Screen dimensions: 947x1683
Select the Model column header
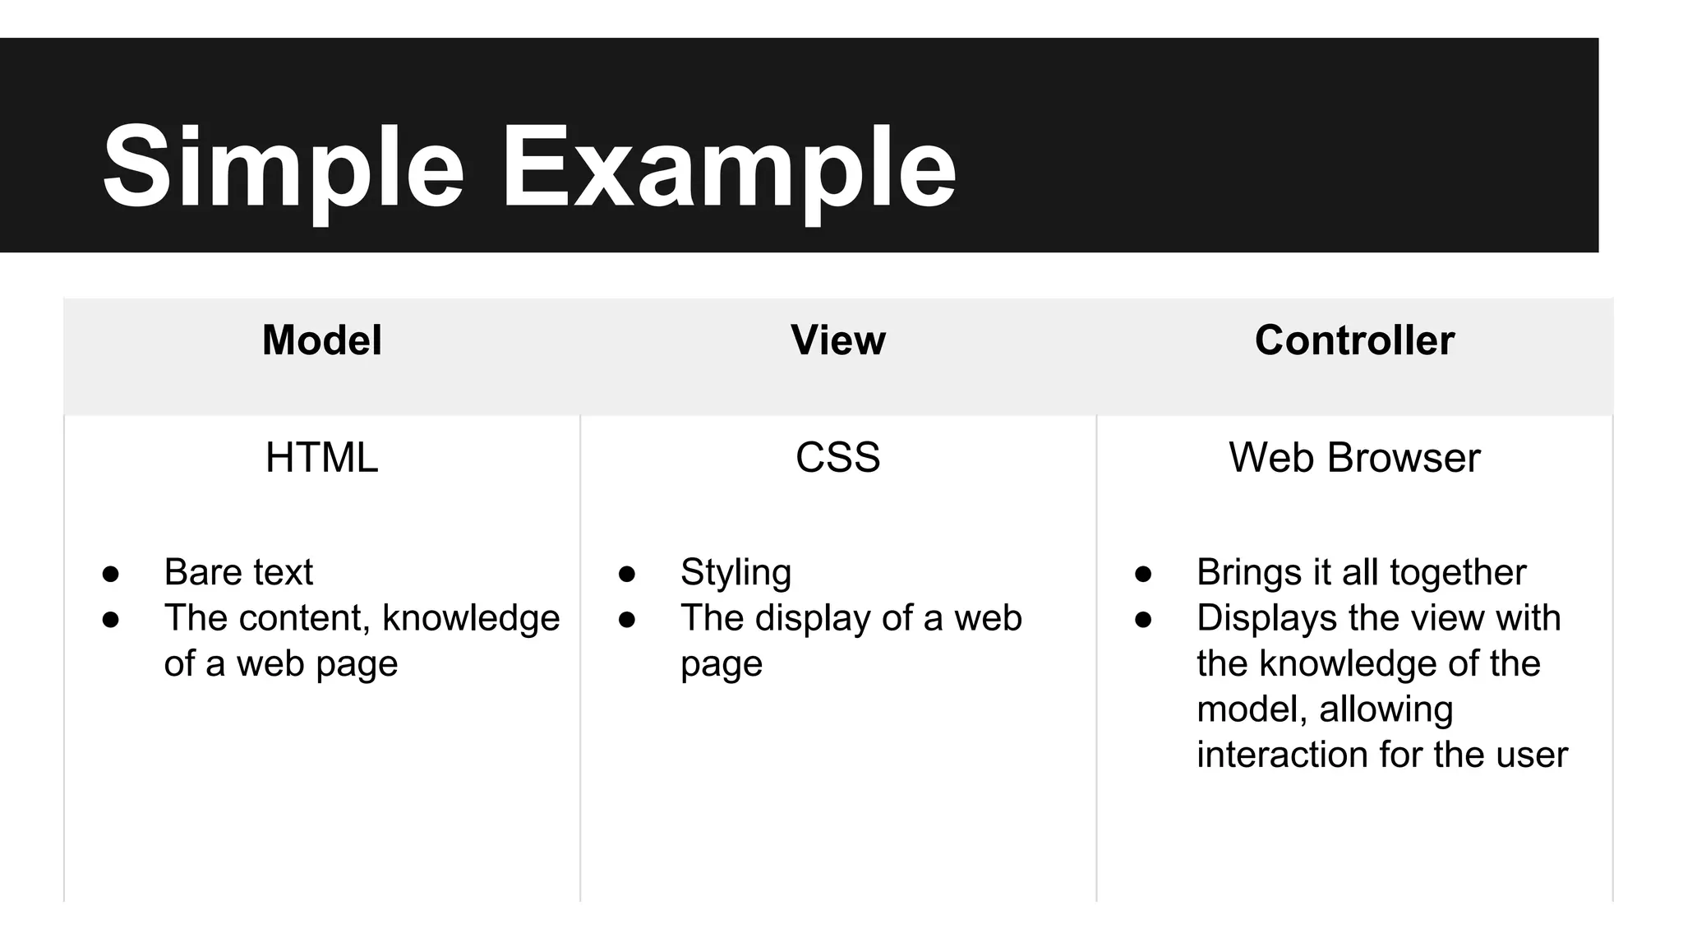point(321,340)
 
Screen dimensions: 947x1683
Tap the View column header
point(838,340)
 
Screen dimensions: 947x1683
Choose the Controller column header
point(1354,340)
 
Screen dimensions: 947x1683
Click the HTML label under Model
point(321,458)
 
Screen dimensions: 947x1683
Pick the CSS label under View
point(837,458)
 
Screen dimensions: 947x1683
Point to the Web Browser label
point(1354,458)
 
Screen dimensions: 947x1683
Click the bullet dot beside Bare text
point(111,574)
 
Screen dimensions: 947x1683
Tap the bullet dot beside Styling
point(627,574)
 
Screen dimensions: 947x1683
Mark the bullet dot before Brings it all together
point(1143,574)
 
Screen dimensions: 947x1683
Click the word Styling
point(735,573)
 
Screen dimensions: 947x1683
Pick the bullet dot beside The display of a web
point(627,620)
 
